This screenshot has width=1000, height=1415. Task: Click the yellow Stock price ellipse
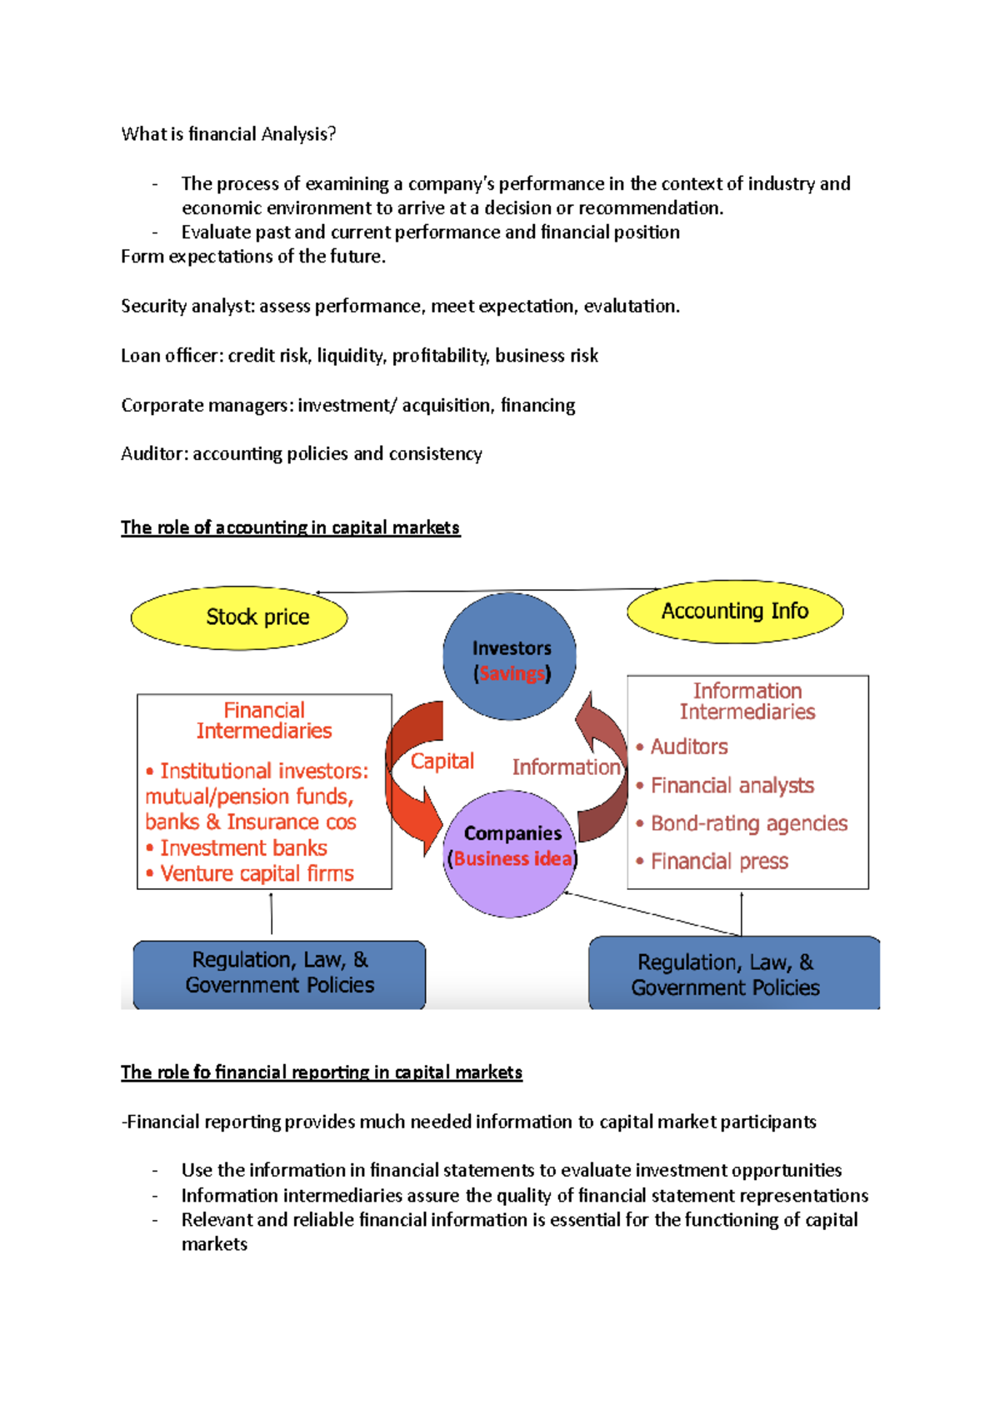tap(239, 617)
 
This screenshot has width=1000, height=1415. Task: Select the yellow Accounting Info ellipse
tap(734, 612)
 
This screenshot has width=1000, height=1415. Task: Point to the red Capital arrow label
tap(442, 761)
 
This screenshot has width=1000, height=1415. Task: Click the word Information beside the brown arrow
tap(566, 767)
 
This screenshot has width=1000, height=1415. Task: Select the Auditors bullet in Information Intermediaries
tap(688, 747)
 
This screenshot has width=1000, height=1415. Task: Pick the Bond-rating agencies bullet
tap(748, 823)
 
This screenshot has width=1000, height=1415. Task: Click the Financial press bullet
tap(718, 861)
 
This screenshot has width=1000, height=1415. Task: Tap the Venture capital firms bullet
tap(257, 873)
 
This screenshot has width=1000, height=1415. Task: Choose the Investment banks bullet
tap(243, 847)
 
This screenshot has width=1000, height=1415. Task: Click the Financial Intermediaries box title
tap(264, 721)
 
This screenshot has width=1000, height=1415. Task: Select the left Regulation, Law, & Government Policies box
tap(279, 973)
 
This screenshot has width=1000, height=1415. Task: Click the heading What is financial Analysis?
tap(228, 134)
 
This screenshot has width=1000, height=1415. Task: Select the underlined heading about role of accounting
tap(290, 527)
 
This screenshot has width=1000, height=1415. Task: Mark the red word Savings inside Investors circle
tap(512, 673)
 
